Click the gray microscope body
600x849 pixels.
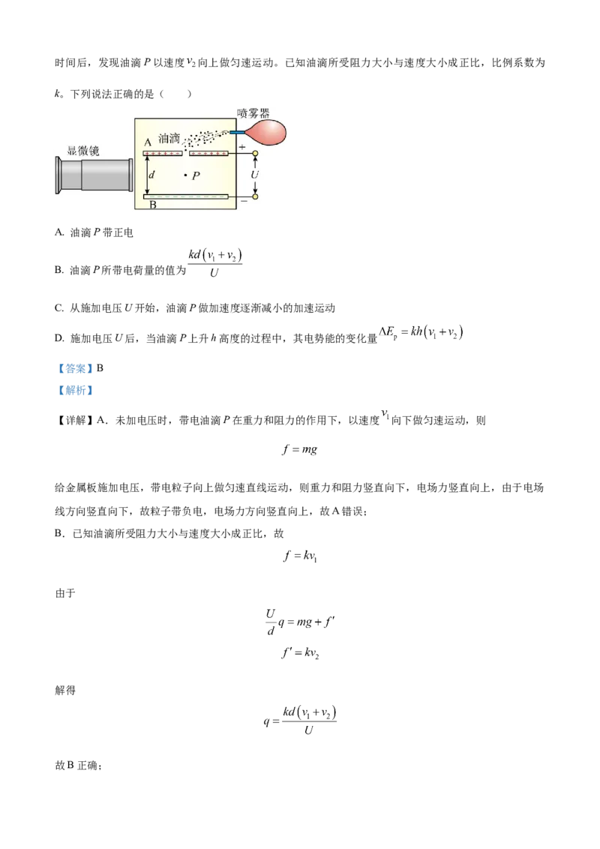94,184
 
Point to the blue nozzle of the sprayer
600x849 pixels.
236,133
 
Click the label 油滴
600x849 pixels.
170,139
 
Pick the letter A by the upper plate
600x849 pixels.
148,142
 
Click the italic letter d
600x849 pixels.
153,175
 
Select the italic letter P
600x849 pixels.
196,176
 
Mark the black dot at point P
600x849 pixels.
185,175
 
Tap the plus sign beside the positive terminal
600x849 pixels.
242,148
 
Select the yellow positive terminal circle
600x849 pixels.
255,154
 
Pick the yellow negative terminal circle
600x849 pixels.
255,196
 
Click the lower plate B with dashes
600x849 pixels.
186,196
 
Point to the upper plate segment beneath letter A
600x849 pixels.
163,154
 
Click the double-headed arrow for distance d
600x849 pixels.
147,175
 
